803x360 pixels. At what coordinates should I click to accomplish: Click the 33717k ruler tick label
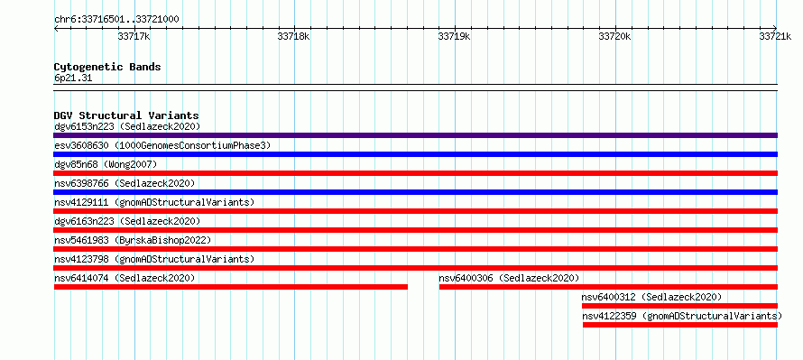pyautogui.click(x=134, y=36)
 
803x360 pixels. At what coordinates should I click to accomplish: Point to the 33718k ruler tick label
pyautogui.click(x=293, y=36)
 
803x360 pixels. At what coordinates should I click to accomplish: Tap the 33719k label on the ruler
pyautogui.click(x=454, y=36)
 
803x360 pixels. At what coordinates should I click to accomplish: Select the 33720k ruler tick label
pyautogui.click(x=614, y=36)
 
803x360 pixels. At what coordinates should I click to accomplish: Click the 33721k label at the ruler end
pyautogui.click(x=775, y=36)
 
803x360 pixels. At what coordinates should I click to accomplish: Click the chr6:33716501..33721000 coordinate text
pyautogui.click(x=116, y=20)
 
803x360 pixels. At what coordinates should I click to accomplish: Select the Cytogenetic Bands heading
pyautogui.click(x=107, y=67)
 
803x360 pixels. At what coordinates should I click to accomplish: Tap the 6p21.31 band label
pyautogui.click(x=73, y=78)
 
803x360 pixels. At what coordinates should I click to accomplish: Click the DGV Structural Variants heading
pyautogui.click(x=126, y=115)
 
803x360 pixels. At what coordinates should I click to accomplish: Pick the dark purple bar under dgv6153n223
pyautogui.click(x=415, y=135)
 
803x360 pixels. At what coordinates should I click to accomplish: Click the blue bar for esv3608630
pyautogui.click(x=415, y=154)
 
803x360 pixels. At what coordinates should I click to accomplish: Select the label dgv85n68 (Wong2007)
pyautogui.click(x=106, y=164)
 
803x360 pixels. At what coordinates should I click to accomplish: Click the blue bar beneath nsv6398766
pyautogui.click(x=415, y=192)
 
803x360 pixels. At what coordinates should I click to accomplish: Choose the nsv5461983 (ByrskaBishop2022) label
pyautogui.click(x=133, y=240)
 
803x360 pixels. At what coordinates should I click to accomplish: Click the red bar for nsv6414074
pyautogui.click(x=230, y=287)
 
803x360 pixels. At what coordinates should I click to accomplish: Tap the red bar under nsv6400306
pyautogui.click(x=608, y=287)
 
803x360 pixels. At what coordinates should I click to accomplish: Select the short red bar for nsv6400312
pyautogui.click(x=679, y=306)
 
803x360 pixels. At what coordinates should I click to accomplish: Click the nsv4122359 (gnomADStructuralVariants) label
pyautogui.click(x=682, y=316)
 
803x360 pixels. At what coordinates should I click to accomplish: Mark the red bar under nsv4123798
pyautogui.click(x=415, y=268)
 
